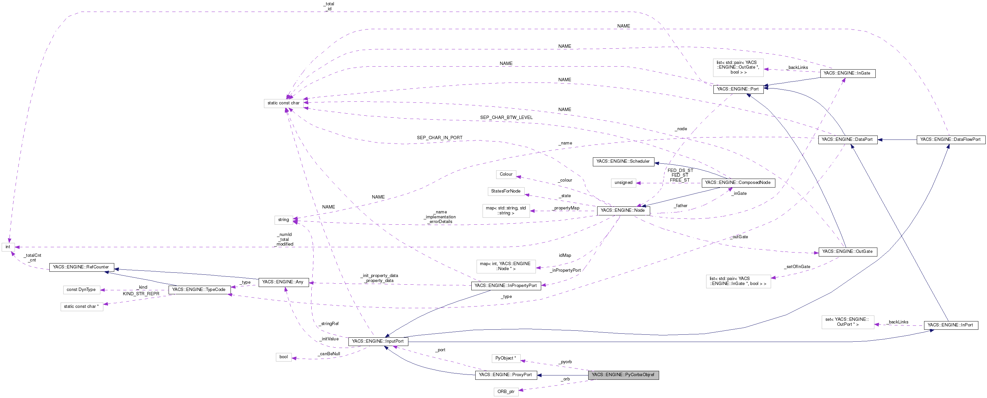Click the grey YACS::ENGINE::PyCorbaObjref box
coord(623,374)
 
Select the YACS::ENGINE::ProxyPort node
coord(505,374)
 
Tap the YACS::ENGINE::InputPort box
coord(378,341)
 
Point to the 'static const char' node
coord(284,103)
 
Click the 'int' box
coord(8,247)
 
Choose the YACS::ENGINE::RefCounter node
coord(81,267)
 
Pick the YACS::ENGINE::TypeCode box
coord(199,290)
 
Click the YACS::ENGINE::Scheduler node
coord(623,161)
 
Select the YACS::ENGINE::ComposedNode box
coord(738,183)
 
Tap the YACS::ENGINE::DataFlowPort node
coord(950,140)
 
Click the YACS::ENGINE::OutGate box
coord(847,252)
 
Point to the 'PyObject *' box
coord(506,358)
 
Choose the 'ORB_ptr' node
coord(506,391)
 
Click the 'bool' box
coord(284,357)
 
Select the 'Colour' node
coord(506,174)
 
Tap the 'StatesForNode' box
coord(506,191)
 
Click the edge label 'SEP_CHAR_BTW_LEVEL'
coord(506,117)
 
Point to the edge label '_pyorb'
coord(565,362)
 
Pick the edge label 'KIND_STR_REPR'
coord(141,294)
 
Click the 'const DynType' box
coord(81,290)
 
